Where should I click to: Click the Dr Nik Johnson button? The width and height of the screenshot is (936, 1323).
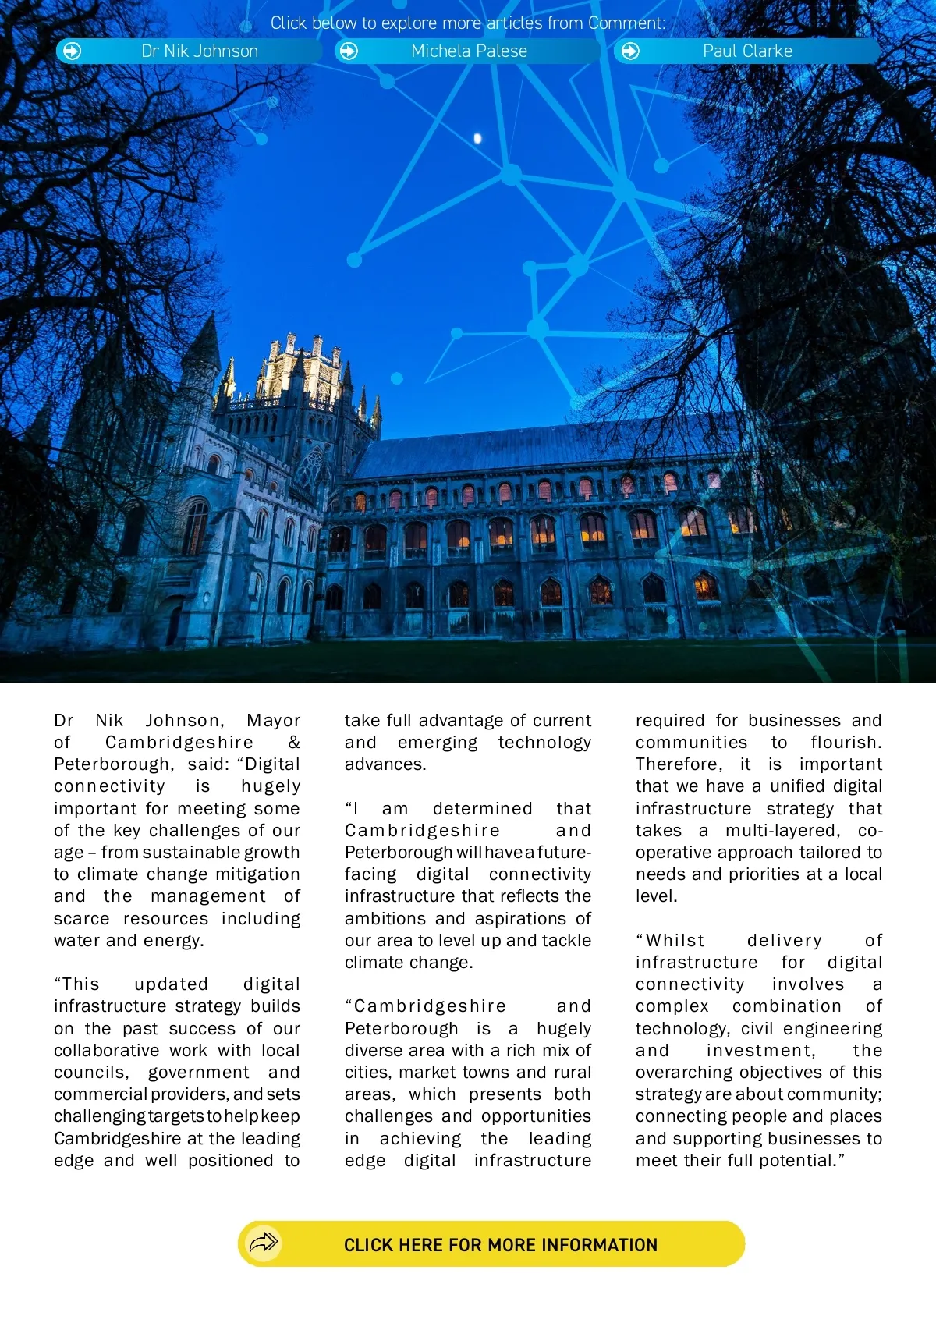tap(190, 51)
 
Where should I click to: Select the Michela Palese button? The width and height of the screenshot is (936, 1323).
tap(468, 51)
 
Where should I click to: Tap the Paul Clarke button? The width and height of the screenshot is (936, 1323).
tap(746, 51)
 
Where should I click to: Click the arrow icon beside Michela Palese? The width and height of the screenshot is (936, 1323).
tap(349, 51)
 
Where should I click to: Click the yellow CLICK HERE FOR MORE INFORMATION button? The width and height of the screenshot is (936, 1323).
tap(491, 1244)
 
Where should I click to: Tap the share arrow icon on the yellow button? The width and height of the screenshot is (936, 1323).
tap(264, 1242)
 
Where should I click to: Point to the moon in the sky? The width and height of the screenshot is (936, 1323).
tap(478, 139)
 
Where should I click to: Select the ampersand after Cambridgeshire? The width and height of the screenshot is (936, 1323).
tap(293, 743)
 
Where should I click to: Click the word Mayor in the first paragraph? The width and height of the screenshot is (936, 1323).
tap(273, 721)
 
